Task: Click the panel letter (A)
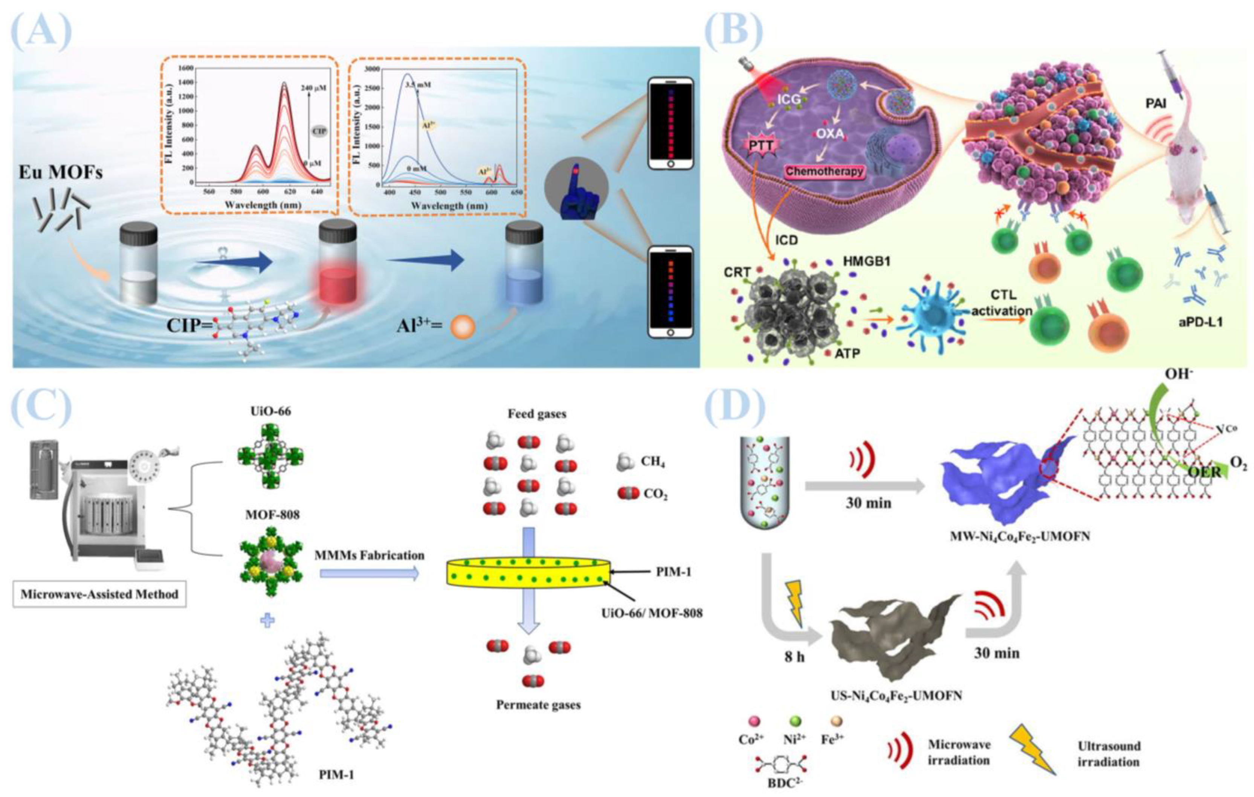click(41, 32)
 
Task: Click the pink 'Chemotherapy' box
click(824, 171)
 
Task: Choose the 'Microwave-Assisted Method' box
click(99, 594)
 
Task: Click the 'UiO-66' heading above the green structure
click(270, 411)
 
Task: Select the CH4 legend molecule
click(625, 462)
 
